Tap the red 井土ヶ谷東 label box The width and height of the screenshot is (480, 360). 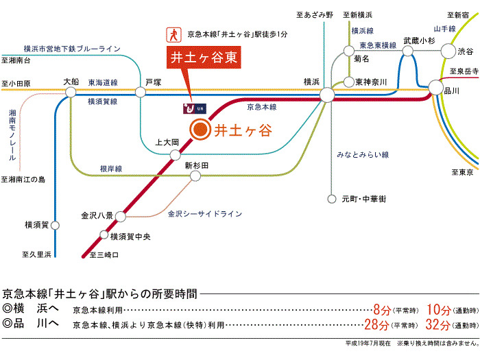coord(204,58)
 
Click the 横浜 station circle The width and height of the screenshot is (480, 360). coord(327,95)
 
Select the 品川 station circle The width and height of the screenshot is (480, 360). coord(436,87)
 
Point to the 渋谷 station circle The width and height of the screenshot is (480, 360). coord(448,51)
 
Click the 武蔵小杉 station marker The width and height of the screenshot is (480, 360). coord(412,51)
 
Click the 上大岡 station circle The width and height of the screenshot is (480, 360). coord(175,156)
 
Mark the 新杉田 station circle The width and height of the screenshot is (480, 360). coord(196,176)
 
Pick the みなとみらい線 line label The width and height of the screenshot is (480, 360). coord(363,154)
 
